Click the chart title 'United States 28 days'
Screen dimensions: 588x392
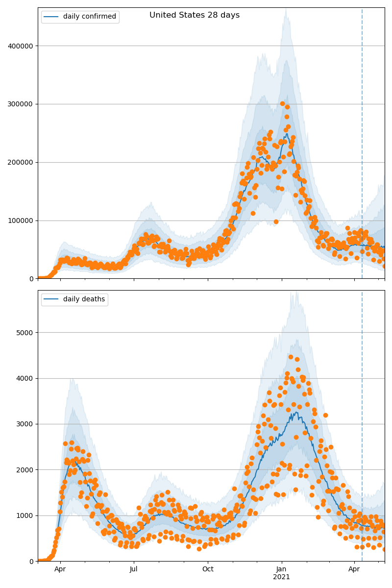[x=195, y=15]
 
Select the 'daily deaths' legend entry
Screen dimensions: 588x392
[x=84, y=299]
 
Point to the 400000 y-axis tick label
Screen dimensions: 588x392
[x=21, y=46]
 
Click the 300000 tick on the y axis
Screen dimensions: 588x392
[x=21, y=104]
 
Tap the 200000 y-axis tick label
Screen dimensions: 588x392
[x=21, y=162]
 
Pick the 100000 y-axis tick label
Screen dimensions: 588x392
[x=21, y=220]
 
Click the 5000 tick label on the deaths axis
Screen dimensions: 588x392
[x=25, y=333]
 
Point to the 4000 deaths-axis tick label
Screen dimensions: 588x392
[x=25, y=378]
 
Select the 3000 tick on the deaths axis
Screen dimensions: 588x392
[x=25, y=424]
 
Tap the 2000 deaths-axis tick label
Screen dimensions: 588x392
[x=25, y=470]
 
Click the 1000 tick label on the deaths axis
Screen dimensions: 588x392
[x=25, y=515]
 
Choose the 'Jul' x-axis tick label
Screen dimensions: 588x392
[x=134, y=569]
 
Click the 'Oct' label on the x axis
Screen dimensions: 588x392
[x=208, y=569]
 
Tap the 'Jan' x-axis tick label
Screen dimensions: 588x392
[x=282, y=569]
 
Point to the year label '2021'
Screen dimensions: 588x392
[x=282, y=577]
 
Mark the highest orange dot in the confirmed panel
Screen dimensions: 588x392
[x=282, y=104]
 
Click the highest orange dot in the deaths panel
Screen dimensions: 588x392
[x=291, y=357]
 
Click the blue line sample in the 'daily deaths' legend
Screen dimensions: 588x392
[x=51, y=299]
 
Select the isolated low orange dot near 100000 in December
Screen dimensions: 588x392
[x=276, y=221]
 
